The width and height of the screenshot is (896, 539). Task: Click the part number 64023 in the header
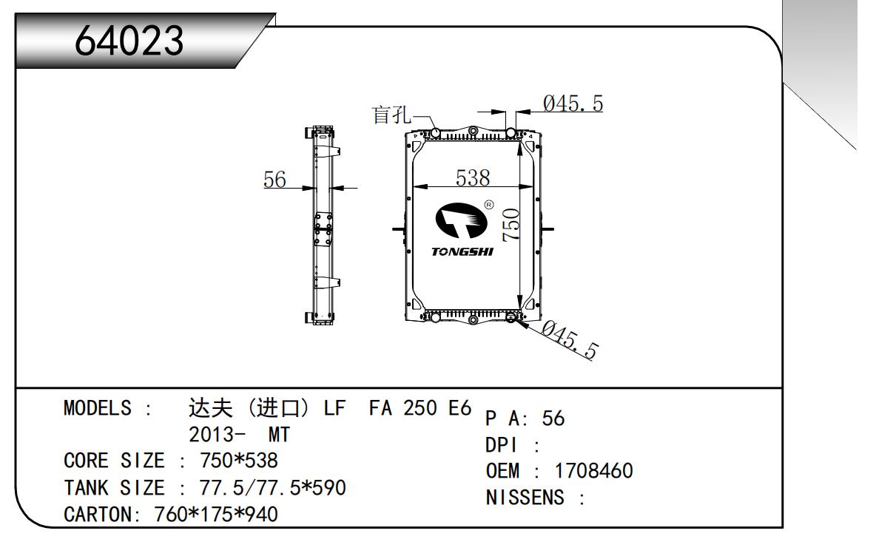(130, 41)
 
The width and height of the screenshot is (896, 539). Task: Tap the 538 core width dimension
(472, 177)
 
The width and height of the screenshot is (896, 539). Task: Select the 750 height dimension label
(511, 224)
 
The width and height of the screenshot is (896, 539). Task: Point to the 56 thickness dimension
(274, 180)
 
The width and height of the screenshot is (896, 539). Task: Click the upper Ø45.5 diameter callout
(572, 104)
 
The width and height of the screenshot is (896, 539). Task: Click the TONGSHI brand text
(462, 252)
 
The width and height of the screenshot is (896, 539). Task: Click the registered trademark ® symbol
(489, 205)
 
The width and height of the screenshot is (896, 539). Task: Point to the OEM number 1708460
(594, 471)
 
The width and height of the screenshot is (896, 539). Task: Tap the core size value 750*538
(239, 461)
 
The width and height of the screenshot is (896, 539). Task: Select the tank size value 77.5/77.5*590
(273, 487)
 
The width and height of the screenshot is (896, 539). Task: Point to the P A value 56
(553, 418)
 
